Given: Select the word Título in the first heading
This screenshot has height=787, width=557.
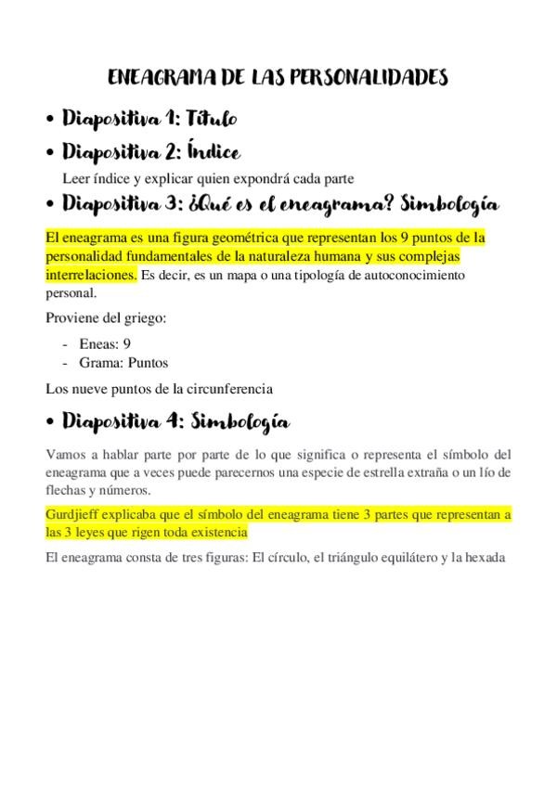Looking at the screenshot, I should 213,118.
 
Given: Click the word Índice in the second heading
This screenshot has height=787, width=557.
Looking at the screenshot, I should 214,150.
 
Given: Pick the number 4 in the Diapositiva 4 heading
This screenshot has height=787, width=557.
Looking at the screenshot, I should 172,422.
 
